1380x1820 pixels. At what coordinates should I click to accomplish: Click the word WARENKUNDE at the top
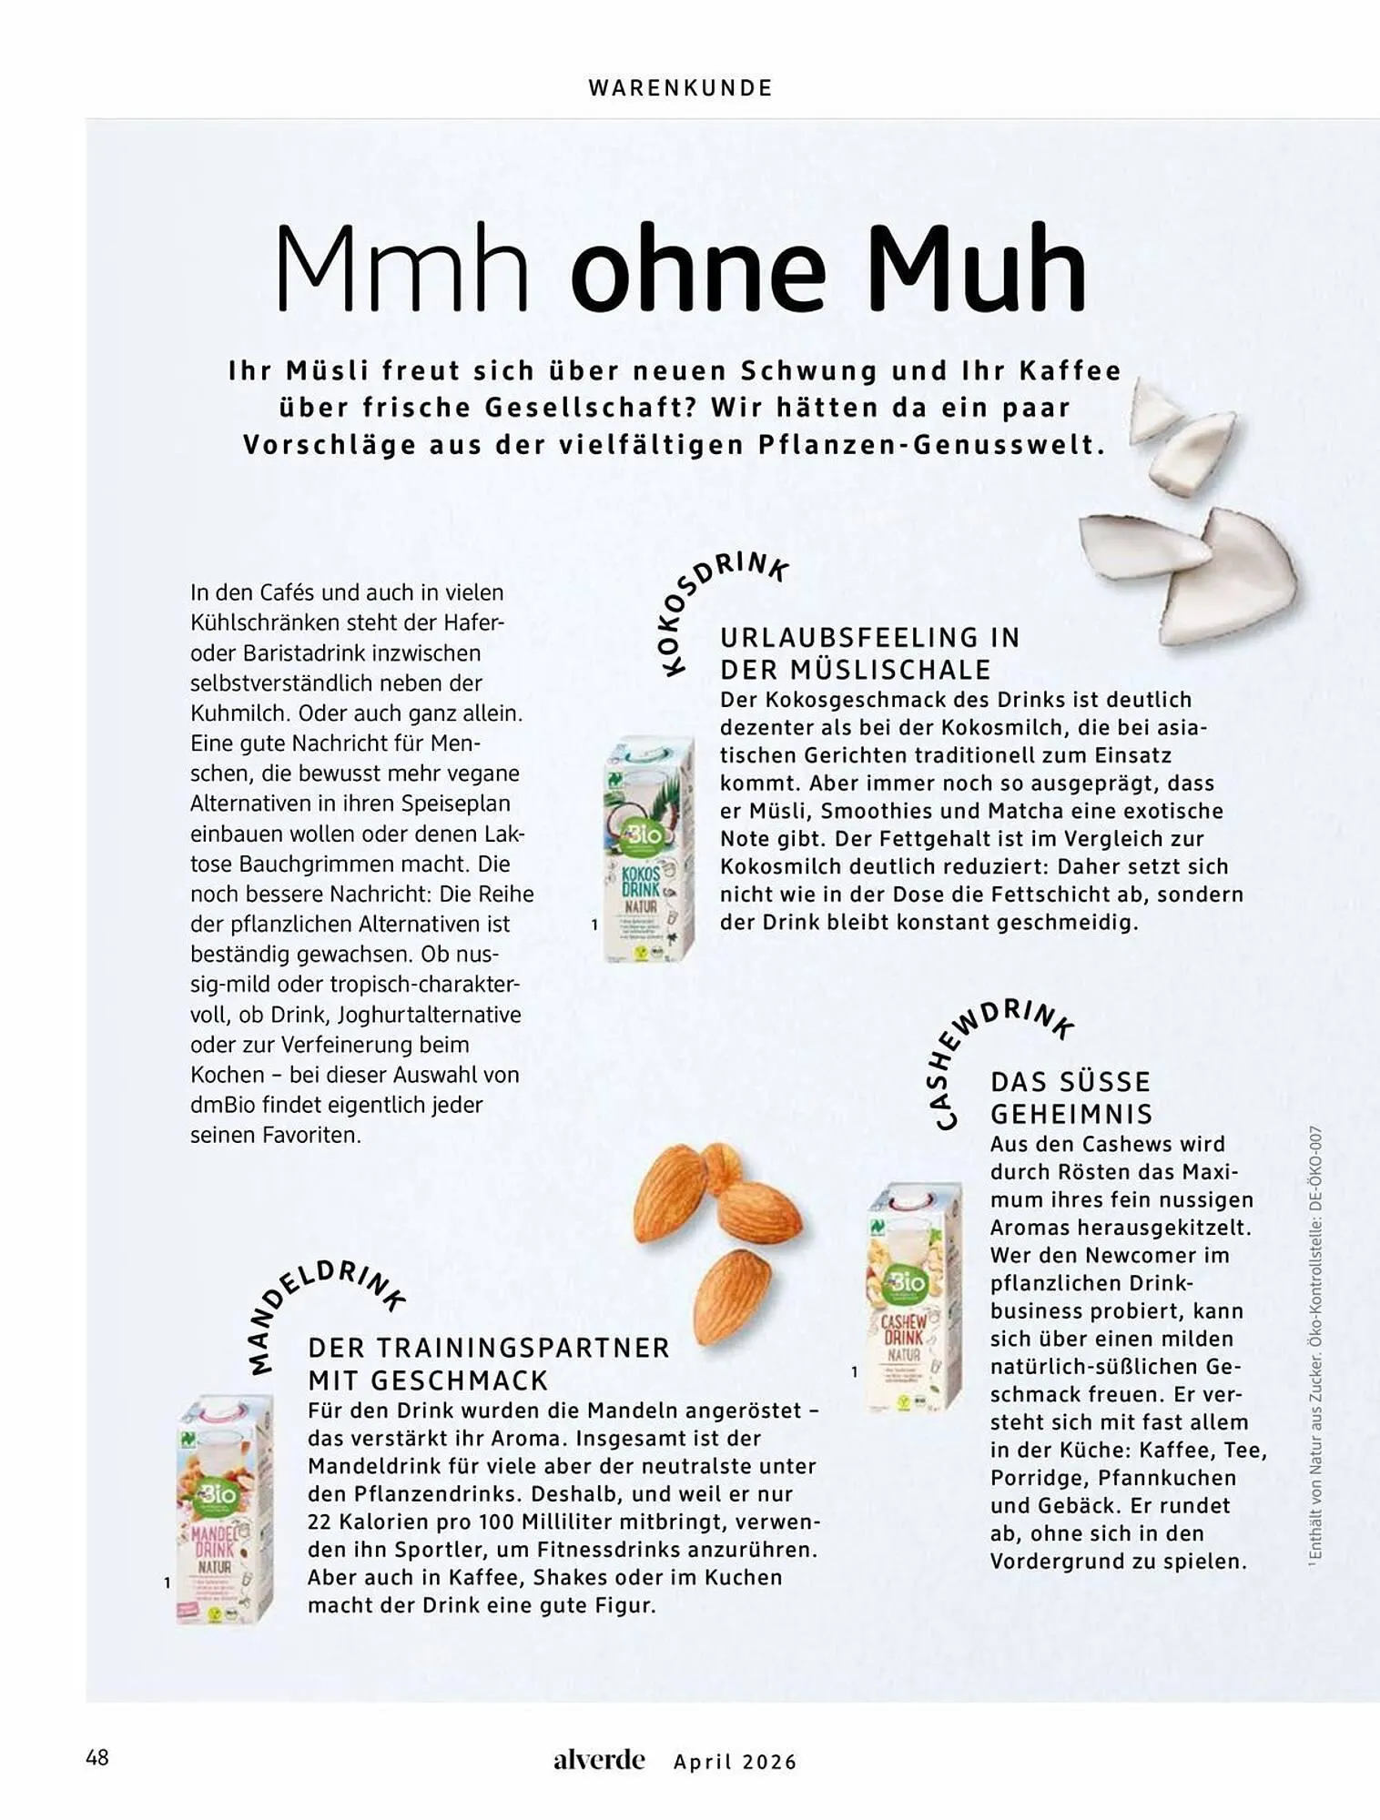point(680,87)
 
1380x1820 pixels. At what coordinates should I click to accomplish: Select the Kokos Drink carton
point(649,849)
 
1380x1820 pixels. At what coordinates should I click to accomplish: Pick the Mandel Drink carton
point(224,1511)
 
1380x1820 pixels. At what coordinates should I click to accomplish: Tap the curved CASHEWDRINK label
point(996,1056)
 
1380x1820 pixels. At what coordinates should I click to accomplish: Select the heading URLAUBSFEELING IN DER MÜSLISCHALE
point(869,653)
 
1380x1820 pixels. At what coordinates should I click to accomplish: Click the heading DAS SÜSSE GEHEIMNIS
point(1071,1097)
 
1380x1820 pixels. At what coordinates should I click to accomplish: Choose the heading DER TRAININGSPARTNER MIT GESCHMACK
point(488,1363)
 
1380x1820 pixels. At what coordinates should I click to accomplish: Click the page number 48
point(97,1756)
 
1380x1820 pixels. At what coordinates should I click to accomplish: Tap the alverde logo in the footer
point(598,1759)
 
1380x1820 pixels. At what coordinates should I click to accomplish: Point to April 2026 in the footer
point(735,1762)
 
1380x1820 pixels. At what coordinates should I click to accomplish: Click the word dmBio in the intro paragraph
point(218,1105)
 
